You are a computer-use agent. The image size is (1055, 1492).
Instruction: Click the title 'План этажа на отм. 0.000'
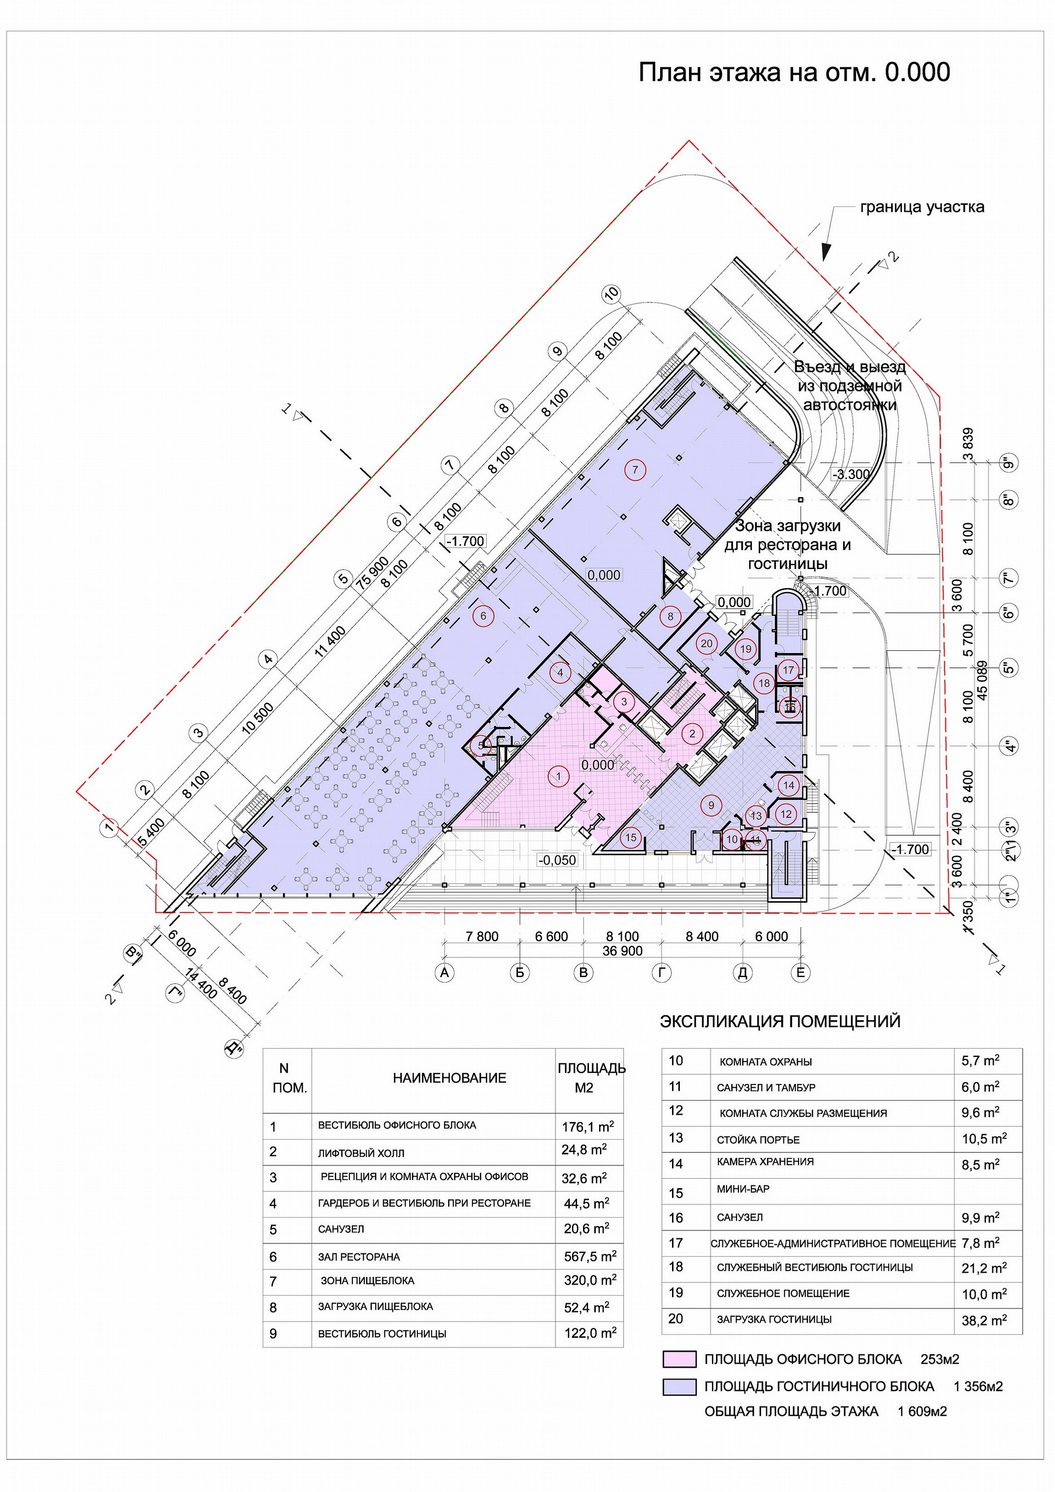pos(794,72)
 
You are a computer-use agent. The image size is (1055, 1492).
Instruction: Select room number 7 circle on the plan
pos(635,470)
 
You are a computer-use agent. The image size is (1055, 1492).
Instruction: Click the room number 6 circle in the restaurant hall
pos(483,615)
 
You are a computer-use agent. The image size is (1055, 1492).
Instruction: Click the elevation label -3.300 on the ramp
pos(851,475)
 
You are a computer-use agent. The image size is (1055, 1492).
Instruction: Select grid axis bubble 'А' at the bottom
pos(445,973)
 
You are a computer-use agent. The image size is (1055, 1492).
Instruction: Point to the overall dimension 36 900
pos(622,951)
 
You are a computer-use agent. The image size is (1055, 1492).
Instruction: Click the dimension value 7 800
pos(482,936)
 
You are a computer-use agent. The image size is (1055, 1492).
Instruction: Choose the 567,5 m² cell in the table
pos(590,1257)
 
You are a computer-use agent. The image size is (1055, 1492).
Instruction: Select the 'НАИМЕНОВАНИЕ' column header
pos(449,1078)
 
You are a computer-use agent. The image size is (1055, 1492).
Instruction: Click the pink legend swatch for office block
pos(679,1359)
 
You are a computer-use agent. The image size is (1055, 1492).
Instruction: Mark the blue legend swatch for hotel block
pos(679,1387)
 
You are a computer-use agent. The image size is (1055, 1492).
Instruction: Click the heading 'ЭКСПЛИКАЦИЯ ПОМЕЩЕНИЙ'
pos(780,1021)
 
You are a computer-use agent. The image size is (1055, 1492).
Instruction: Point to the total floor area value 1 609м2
pos(922,1411)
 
